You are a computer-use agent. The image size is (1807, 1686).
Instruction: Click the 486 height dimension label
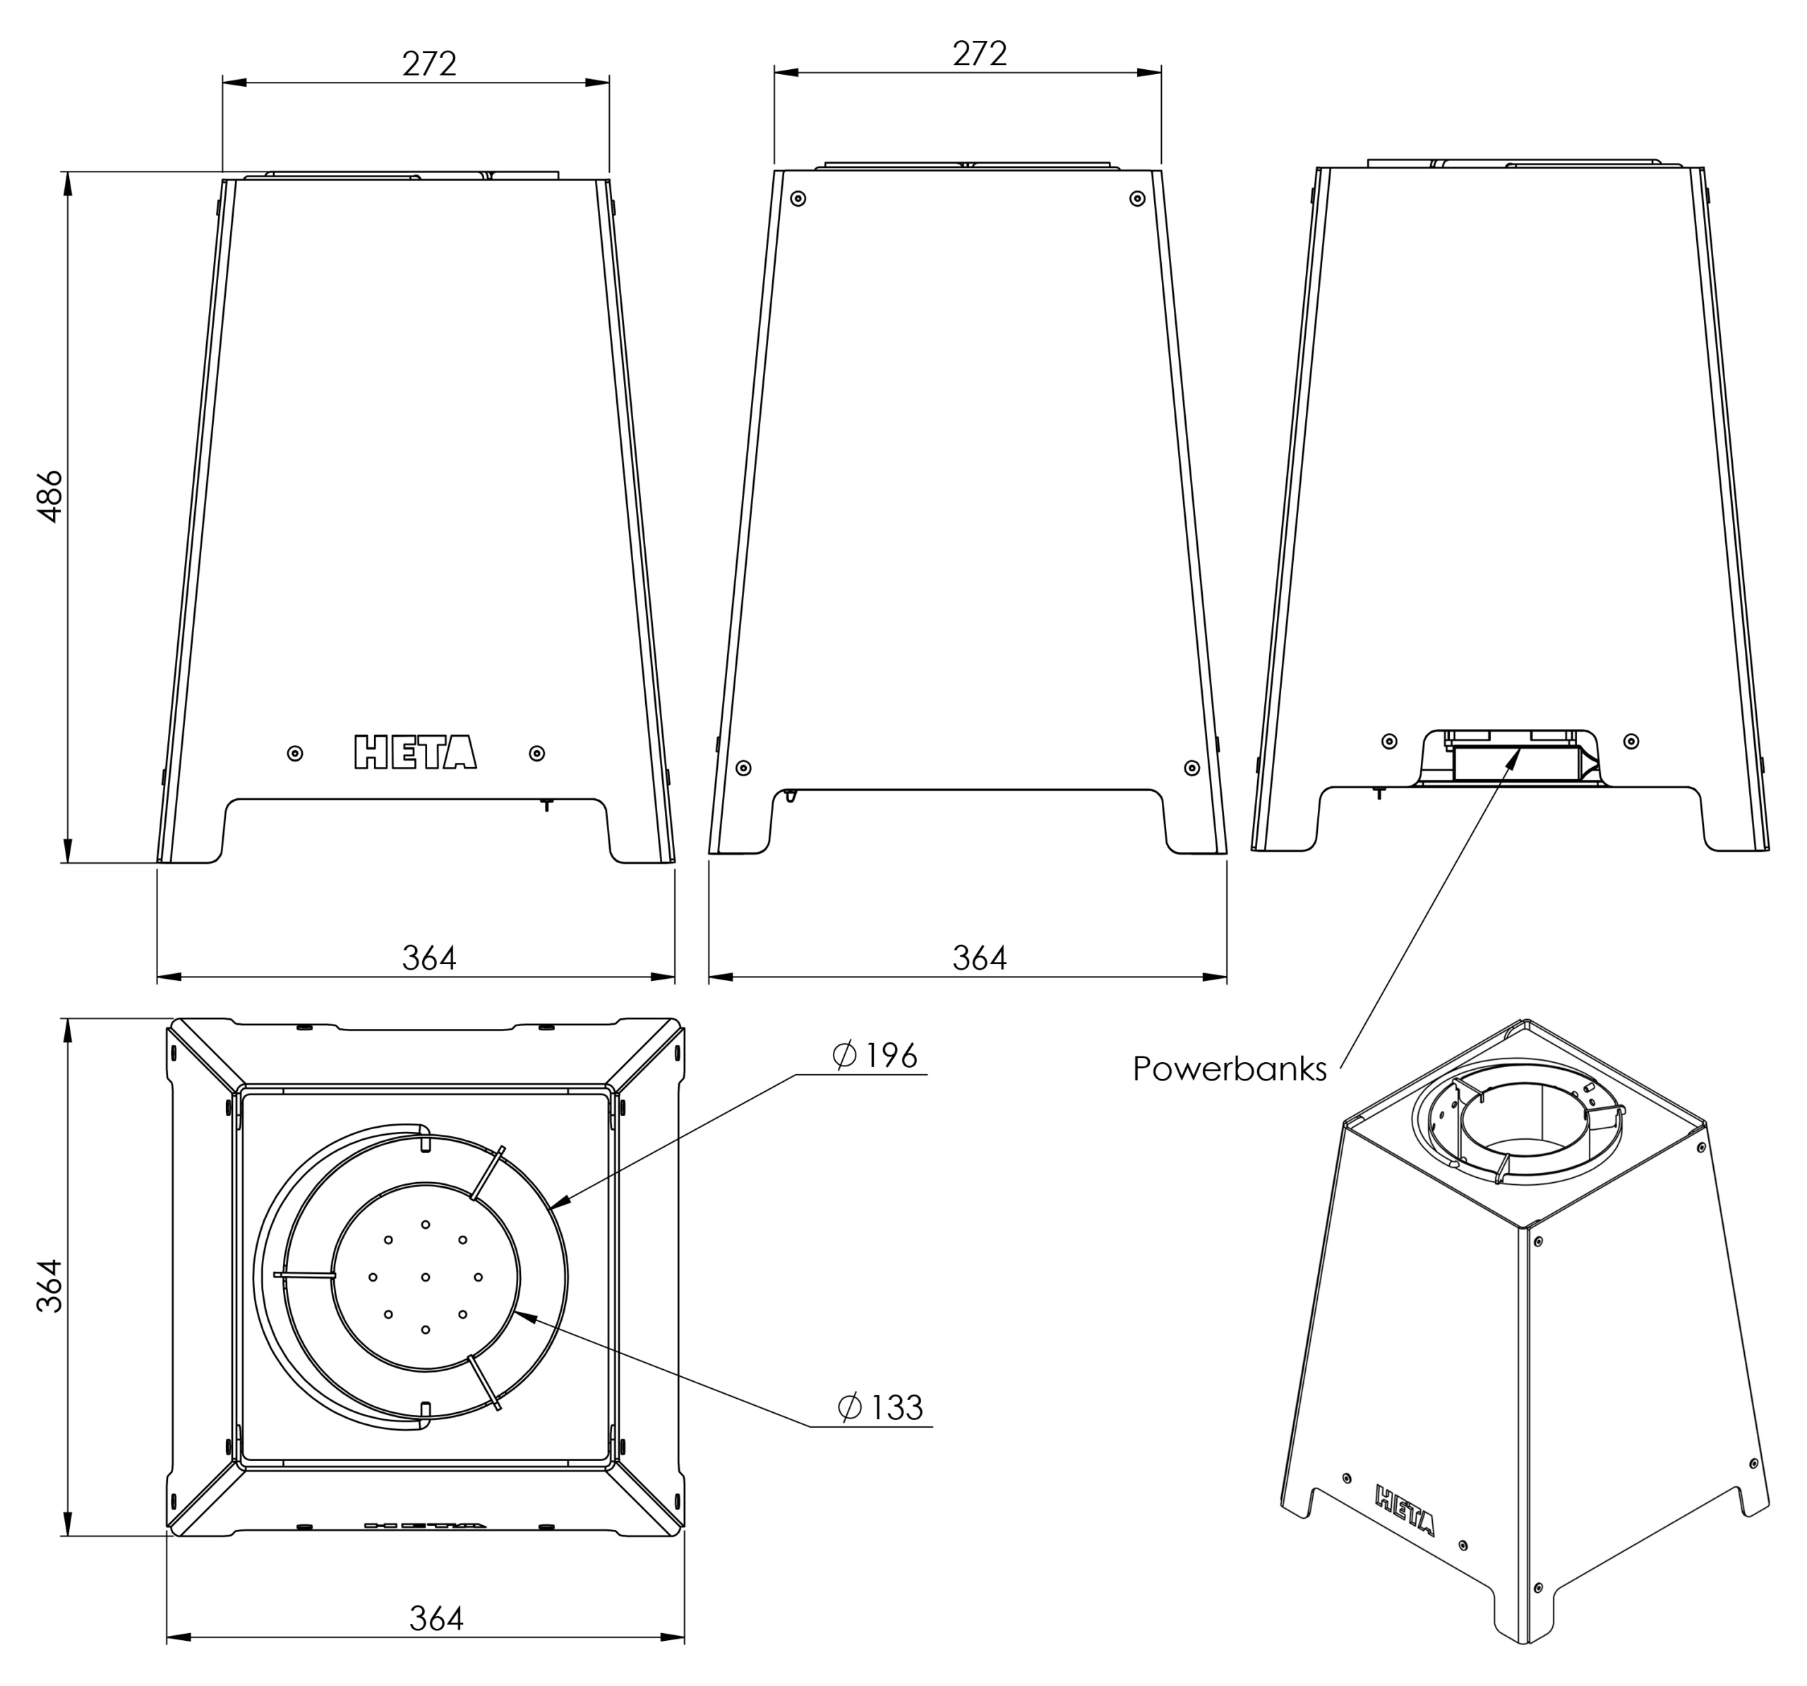coord(49,495)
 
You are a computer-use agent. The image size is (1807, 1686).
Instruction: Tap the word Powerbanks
coord(1229,1069)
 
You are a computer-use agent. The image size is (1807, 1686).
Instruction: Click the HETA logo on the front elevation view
coord(415,752)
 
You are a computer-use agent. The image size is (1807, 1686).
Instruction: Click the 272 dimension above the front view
coord(429,64)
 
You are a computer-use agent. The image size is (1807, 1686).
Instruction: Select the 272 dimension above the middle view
coord(979,54)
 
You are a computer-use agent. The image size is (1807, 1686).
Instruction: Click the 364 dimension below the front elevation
coord(429,958)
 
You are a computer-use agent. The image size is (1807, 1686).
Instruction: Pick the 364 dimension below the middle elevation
coord(979,958)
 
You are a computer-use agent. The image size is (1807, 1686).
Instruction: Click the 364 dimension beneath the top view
coord(436,1619)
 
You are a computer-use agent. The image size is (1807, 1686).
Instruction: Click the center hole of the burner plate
coord(426,1277)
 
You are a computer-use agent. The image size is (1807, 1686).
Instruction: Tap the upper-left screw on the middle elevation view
coord(798,198)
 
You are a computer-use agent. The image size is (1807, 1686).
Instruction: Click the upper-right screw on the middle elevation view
coord(1137,198)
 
